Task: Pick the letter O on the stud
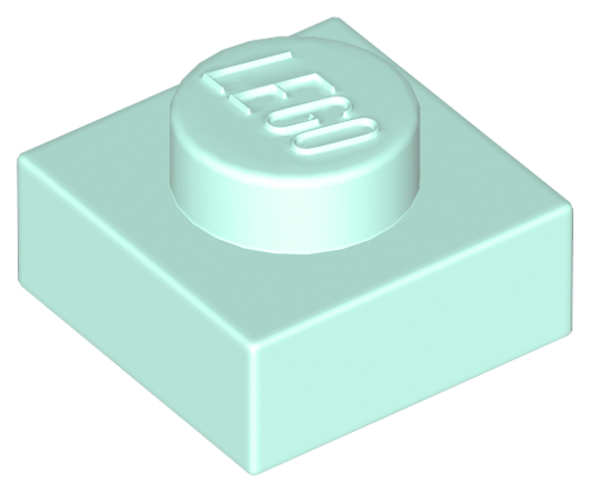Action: pyautogui.click(x=336, y=141)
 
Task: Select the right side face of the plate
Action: pyautogui.click(x=414, y=338)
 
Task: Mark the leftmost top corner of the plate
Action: pyautogui.click(x=22, y=156)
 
